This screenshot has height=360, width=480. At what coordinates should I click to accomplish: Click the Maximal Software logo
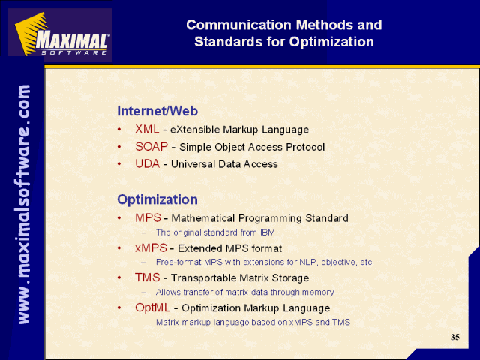60,34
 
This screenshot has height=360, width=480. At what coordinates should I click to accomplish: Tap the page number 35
455,337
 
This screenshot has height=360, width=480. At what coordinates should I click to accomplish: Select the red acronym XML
147,129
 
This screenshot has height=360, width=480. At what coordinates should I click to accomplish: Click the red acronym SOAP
151,147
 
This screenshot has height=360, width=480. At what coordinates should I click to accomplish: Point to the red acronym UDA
147,163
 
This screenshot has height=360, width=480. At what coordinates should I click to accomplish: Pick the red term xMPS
151,247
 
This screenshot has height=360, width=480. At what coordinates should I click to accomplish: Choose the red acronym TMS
148,277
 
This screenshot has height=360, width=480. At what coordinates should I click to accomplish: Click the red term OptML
152,307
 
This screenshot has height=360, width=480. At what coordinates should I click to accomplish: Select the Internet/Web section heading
157,111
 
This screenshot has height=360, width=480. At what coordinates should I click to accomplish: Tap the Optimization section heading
157,199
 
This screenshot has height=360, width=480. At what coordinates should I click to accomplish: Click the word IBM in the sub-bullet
268,232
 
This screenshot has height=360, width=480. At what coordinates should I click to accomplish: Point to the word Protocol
305,147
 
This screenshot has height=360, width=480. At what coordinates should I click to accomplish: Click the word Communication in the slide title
238,25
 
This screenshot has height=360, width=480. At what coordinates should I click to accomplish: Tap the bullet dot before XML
119,130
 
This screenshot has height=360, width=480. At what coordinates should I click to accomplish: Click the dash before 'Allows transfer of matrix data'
143,292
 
